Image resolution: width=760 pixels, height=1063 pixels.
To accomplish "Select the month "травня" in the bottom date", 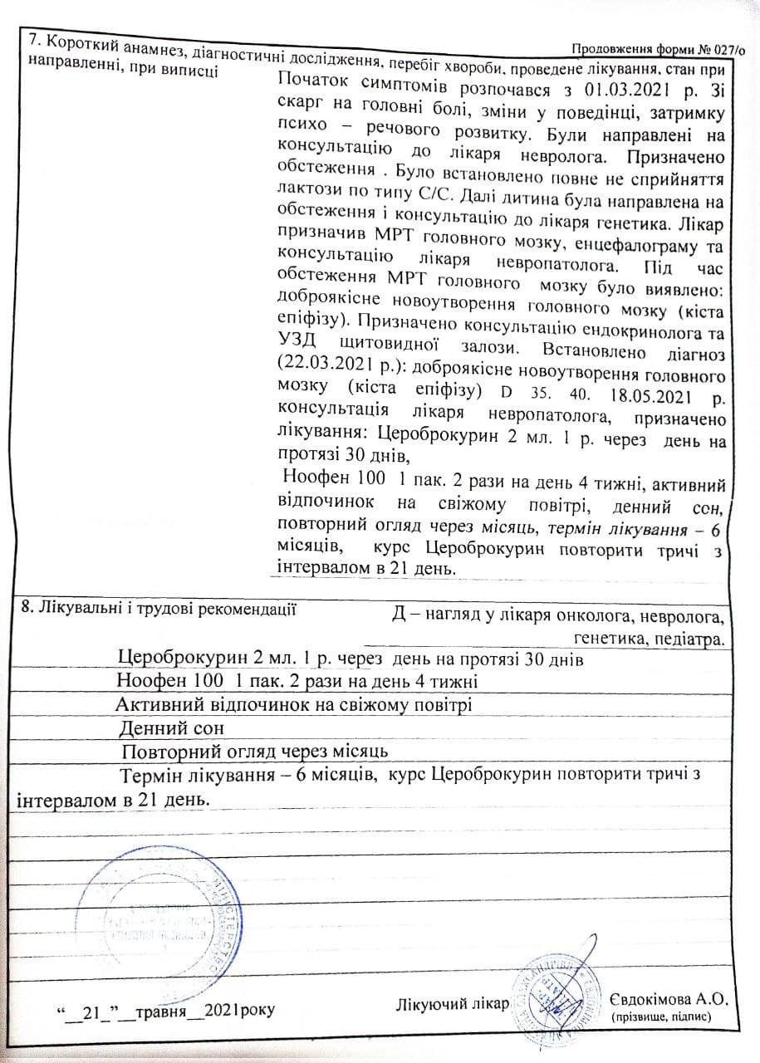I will [162, 1010].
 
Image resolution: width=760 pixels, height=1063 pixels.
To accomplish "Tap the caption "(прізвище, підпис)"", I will [661, 1018].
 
